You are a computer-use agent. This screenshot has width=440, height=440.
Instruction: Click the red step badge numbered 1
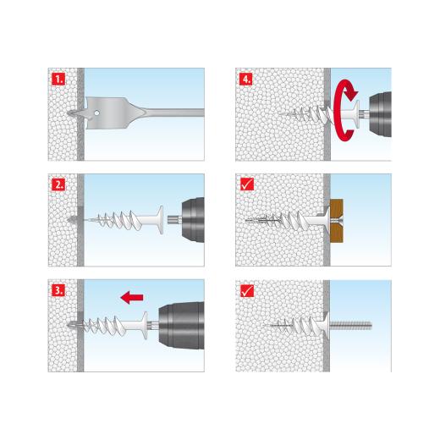point(58,80)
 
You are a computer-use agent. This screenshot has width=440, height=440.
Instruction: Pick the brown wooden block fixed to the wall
point(338,217)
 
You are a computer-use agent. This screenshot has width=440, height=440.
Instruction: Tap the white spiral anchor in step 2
point(118,218)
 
